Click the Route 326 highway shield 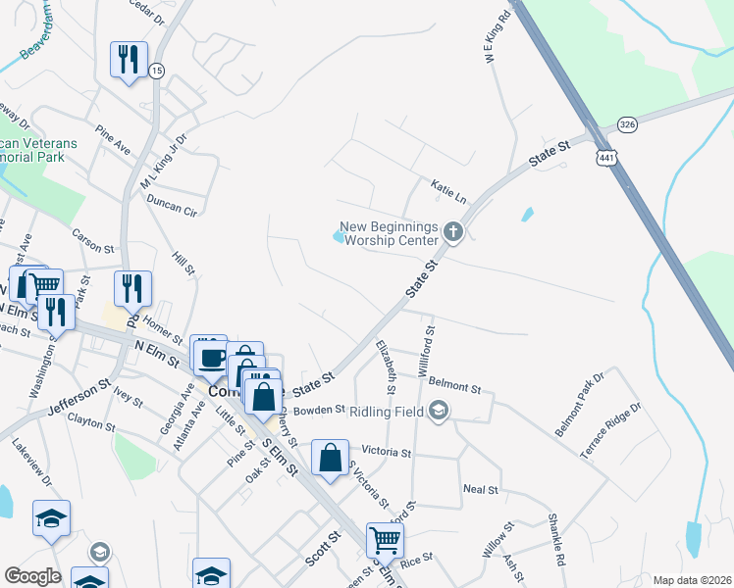click(629, 124)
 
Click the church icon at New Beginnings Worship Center click(452, 232)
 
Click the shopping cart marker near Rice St click(385, 538)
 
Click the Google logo click(33, 576)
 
